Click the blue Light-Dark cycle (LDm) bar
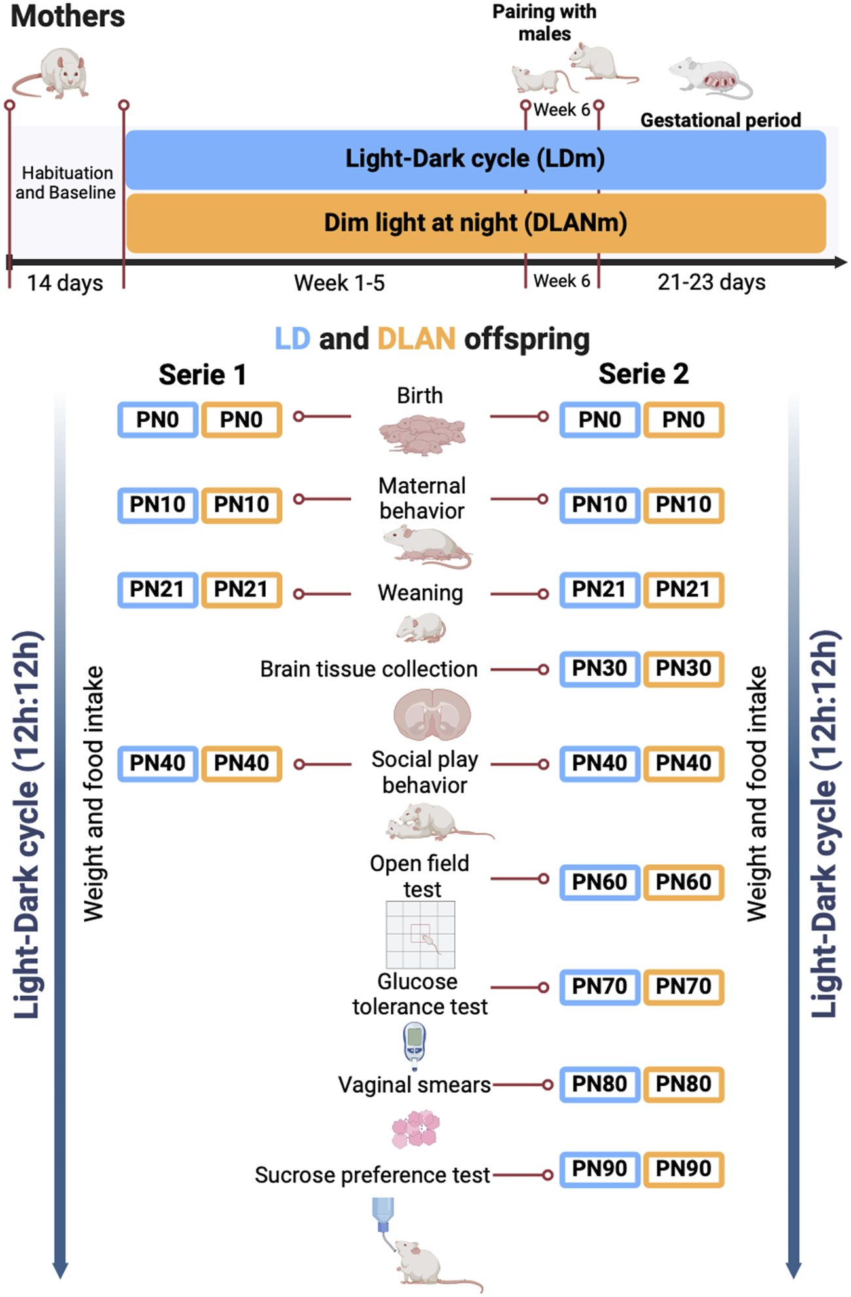(475, 159)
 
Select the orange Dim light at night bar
(475, 223)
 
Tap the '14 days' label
(65, 283)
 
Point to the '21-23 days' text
(712, 282)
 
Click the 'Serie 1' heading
(202, 374)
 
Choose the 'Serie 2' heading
(643, 374)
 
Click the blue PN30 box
(600, 668)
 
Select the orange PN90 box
(683, 1169)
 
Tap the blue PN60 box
(600, 882)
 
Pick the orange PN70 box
(683, 987)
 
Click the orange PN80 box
(683, 1084)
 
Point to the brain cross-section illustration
(432, 715)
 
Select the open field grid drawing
(420, 935)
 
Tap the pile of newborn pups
(422, 433)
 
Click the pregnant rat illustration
(710, 78)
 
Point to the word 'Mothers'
(67, 16)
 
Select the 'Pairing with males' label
(544, 22)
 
